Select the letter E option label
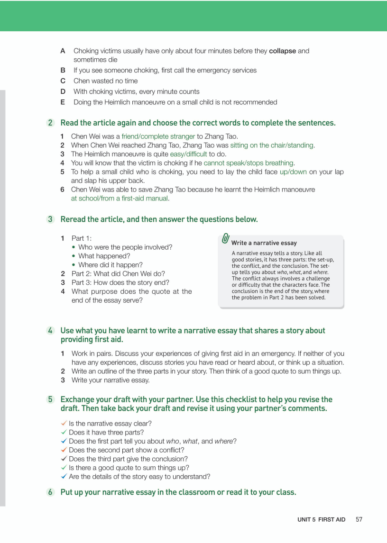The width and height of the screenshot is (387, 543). (63, 102)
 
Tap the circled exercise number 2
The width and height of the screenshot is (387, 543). (50, 123)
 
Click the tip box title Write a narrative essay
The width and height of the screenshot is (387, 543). (264, 243)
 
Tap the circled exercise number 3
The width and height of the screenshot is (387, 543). (50, 219)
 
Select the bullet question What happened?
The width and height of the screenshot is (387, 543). (104, 256)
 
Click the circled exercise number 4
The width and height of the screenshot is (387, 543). (50, 330)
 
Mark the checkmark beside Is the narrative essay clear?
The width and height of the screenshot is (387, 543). (64, 423)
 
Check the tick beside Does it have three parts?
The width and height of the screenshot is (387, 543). (64, 432)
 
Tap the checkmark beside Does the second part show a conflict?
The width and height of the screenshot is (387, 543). (64, 450)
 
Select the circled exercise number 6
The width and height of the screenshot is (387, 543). (50, 492)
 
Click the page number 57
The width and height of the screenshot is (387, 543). (359, 519)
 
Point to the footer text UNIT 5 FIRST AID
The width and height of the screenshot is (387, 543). (321, 520)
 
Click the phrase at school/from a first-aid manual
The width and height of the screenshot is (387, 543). (120, 199)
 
